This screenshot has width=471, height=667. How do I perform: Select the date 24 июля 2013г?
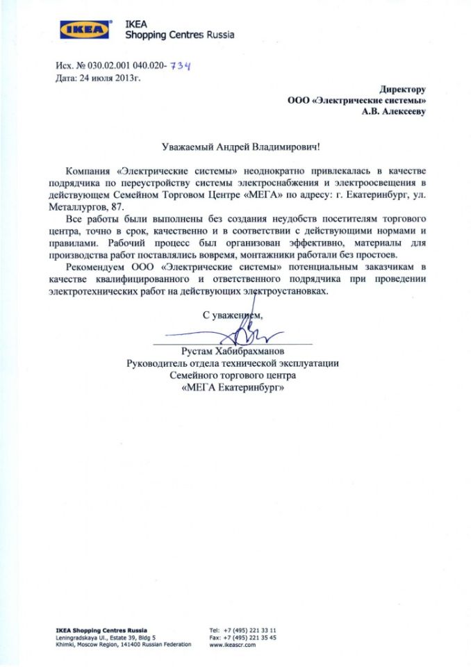(112, 78)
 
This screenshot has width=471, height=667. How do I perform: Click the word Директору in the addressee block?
(402, 89)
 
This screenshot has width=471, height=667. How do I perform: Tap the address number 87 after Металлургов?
(121, 207)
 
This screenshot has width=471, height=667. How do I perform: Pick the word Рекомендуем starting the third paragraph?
(93, 267)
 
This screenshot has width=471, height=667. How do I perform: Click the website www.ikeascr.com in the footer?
(233, 645)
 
